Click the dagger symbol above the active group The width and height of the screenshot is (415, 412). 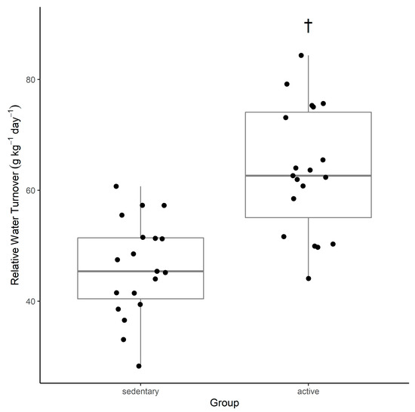click(x=308, y=26)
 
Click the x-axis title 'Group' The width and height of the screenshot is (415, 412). click(x=224, y=404)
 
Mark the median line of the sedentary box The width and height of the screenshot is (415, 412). click(x=140, y=271)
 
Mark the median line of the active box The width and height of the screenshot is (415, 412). click(x=308, y=175)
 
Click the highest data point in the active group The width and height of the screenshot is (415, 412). click(x=301, y=55)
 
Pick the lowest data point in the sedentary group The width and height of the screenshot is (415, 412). click(x=139, y=366)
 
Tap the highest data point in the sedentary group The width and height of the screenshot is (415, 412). click(x=116, y=186)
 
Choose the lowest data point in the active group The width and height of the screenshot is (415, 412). click(x=309, y=278)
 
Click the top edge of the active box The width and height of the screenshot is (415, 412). click(x=308, y=112)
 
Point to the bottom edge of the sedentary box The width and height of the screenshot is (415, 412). click(x=140, y=299)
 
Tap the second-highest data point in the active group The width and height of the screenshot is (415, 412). click(x=287, y=84)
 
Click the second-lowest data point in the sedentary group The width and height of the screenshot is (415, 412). click(x=124, y=340)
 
